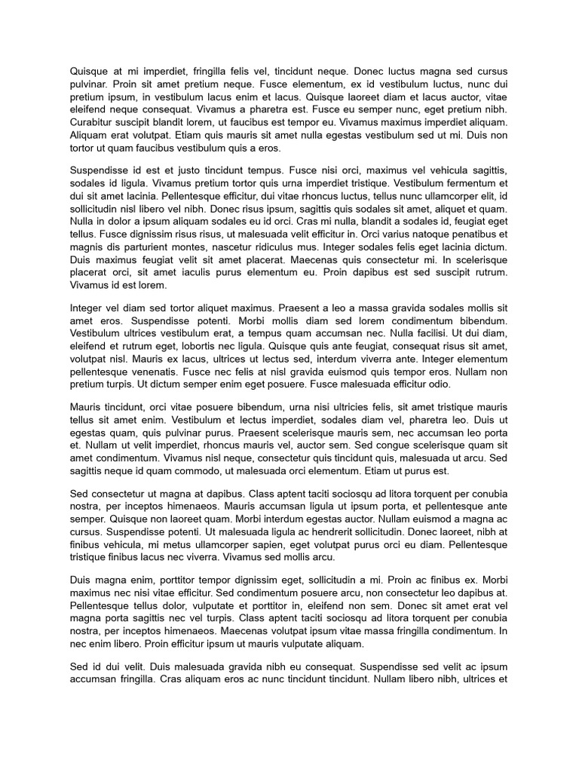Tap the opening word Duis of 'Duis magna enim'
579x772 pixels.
(81, 579)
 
